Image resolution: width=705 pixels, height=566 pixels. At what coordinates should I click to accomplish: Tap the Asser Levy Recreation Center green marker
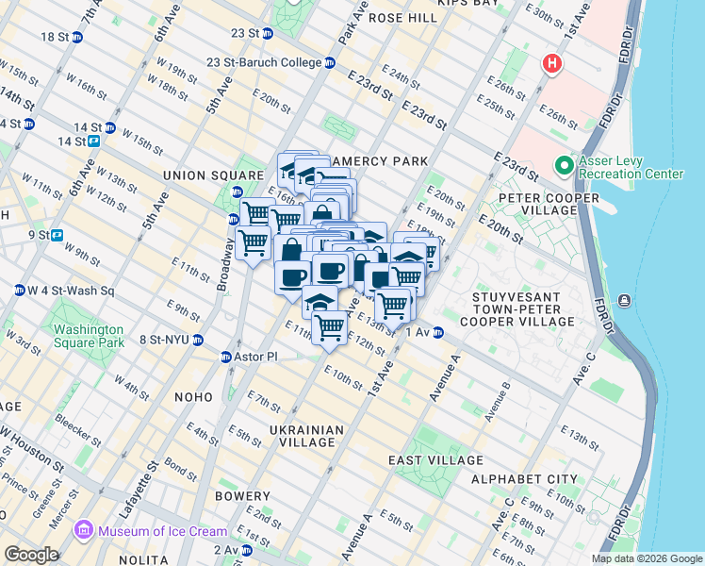tap(565, 166)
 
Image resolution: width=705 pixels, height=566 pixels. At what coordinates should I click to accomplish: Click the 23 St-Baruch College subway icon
tap(330, 63)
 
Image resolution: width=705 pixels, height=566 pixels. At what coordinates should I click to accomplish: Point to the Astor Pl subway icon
tap(226, 357)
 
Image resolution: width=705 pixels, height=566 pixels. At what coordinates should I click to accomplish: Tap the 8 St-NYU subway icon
tap(197, 340)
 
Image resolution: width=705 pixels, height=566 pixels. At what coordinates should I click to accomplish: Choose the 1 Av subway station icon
tap(438, 332)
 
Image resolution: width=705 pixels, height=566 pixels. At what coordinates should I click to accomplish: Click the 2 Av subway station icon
tap(246, 550)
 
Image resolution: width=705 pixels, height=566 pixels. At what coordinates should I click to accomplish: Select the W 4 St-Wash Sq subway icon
tap(19, 290)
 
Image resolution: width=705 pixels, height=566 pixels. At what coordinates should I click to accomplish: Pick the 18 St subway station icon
tap(77, 37)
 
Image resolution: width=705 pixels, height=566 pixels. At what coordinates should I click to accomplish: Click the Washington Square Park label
tap(89, 336)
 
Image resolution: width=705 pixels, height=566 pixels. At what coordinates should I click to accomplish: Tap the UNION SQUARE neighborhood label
tap(212, 175)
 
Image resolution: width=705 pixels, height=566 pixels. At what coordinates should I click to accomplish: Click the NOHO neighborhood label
tap(194, 397)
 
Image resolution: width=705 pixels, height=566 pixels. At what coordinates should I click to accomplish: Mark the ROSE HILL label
tap(402, 18)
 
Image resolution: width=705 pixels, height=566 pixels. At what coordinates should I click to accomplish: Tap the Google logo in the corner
tap(31, 555)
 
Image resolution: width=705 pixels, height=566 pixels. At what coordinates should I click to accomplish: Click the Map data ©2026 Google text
tap(646, 558)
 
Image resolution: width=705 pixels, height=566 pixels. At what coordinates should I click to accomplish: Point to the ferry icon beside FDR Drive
tap(624, 301)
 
